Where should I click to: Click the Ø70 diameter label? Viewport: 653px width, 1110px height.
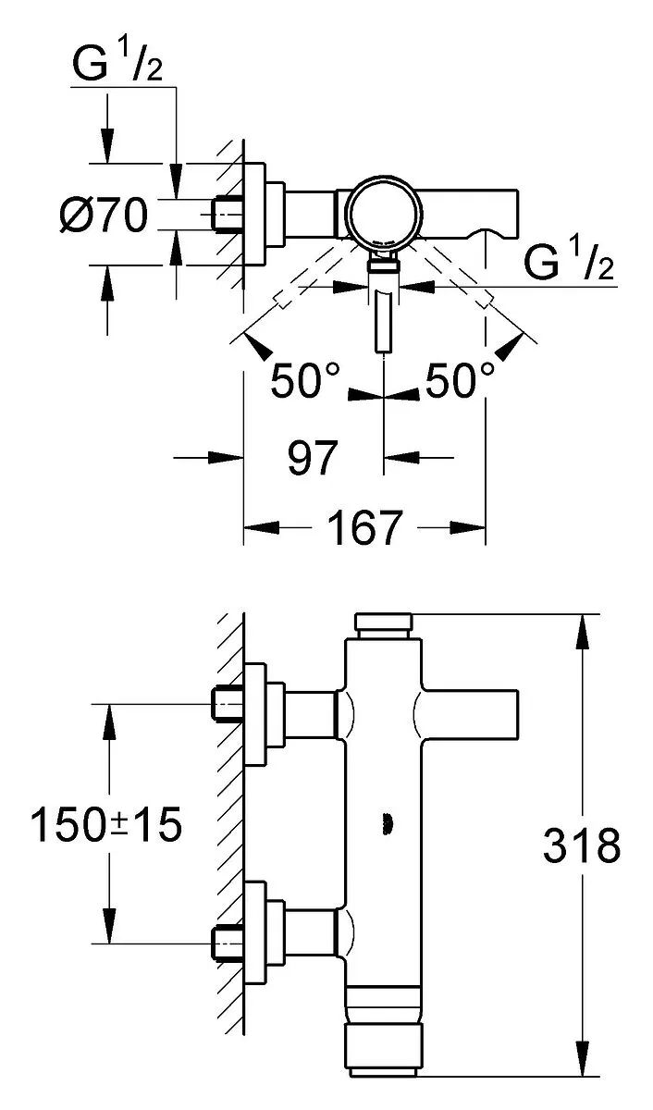click(x=104, y=215)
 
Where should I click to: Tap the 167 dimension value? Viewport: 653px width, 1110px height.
click(x=364, y=528)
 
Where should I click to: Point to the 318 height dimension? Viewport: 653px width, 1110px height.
click(x=581, y=845)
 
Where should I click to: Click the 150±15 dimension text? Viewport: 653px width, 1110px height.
click(x=106, y=824)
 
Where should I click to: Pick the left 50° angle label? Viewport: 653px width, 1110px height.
click(x=305, y=380)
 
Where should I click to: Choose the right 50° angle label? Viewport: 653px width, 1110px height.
click(x=460, y=380)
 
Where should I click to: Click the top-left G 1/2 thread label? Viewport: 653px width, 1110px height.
click(x=117, y=63)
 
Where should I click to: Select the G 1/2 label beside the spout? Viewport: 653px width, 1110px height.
click(x=569, y=261)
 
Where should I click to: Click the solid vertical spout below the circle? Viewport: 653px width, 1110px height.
click(x=385, y=322)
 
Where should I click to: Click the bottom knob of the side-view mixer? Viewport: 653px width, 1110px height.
click(x=384, y=1050)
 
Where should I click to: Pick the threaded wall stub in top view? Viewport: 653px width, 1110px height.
click(x=228, y=214)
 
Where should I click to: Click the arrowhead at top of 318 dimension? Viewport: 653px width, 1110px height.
click(x=583, y=631)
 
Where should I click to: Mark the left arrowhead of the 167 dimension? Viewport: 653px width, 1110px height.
click(x=261, y=528)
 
